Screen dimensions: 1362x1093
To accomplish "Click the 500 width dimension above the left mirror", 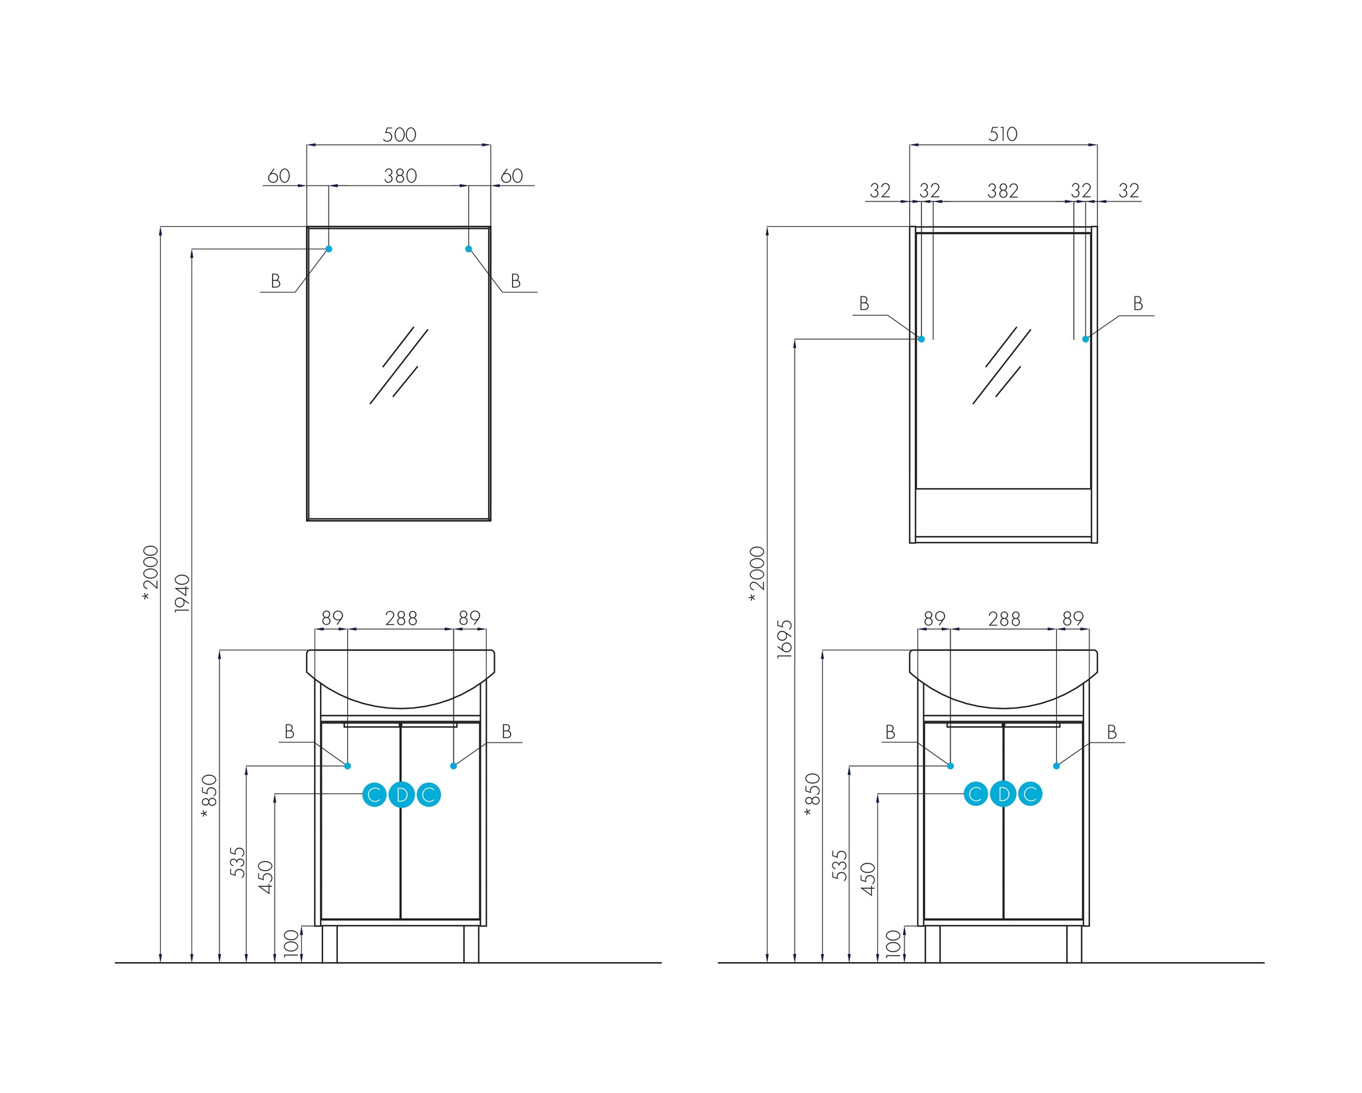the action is click(400, 134).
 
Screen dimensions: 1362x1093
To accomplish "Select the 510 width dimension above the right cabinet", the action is click(1003, 134).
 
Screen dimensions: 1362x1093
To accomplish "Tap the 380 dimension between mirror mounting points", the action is click(400, 176).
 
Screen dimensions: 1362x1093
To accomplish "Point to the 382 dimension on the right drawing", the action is click(1003, 191).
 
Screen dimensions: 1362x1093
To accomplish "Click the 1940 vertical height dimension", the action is click(182, 593).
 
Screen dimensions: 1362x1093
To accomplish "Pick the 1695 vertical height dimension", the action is click(785, 639).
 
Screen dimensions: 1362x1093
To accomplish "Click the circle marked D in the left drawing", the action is click(402, 794).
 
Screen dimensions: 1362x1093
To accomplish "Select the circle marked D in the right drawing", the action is click(1003, 794).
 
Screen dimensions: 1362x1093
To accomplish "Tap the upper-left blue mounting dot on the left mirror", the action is click(329, 249).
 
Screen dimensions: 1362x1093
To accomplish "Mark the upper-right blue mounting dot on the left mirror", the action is click(468, 249).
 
